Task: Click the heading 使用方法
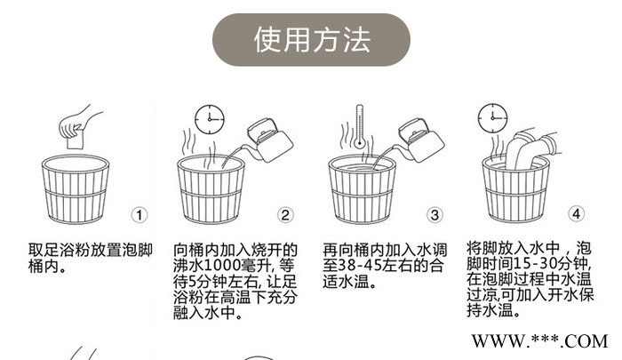(311, 40)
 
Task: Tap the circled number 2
(285, 214)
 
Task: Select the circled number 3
(435, 214)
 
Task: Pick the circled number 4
(576, 214)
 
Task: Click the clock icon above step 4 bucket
(489, 116)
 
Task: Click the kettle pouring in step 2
(265, 138)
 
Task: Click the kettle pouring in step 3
(414, 138)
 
